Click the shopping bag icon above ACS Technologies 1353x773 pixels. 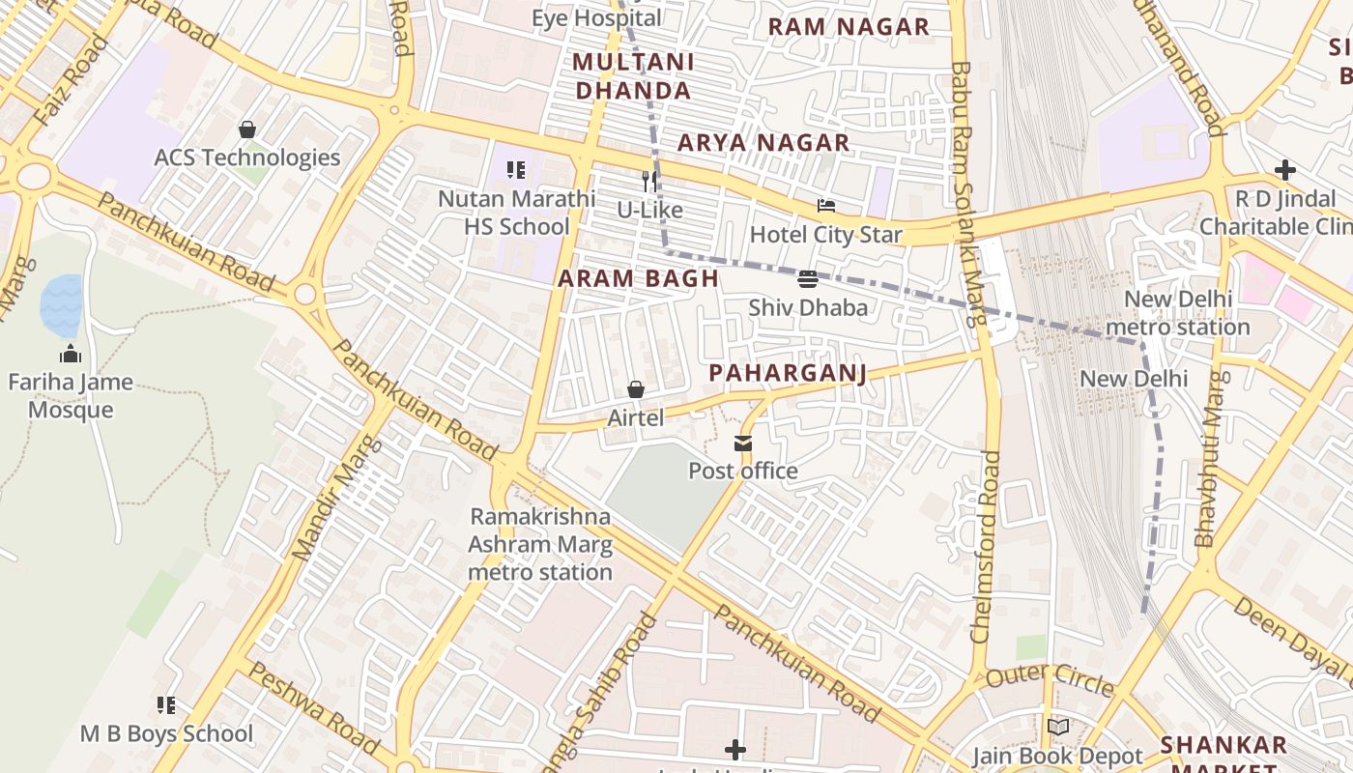(x=247, y=129)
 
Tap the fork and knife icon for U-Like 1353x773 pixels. (x=650, y=181)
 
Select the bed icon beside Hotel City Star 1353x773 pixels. (x=826, y=206)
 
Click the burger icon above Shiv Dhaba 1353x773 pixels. (x=808, y=280)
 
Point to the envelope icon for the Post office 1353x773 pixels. (x=742, y=444)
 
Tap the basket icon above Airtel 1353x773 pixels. (x=636, y=389)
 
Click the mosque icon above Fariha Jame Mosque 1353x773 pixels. (x=70, y=354)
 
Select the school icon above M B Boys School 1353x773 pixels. (x=166, y=705)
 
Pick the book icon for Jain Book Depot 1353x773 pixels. (x=1058, y=727)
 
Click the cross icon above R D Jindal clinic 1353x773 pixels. (x=1284, y=171)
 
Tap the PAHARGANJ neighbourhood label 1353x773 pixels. (x=788, y=373)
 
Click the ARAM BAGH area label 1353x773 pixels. (x=638, y=279)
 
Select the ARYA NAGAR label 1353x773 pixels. (x=763, y=143)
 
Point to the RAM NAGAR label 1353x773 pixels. (x=849, y=27)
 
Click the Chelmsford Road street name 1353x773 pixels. (x=987, y=546)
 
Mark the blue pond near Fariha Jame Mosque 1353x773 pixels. (x=61, y=304)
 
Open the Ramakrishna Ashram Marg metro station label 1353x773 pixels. (x=540, y=544)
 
